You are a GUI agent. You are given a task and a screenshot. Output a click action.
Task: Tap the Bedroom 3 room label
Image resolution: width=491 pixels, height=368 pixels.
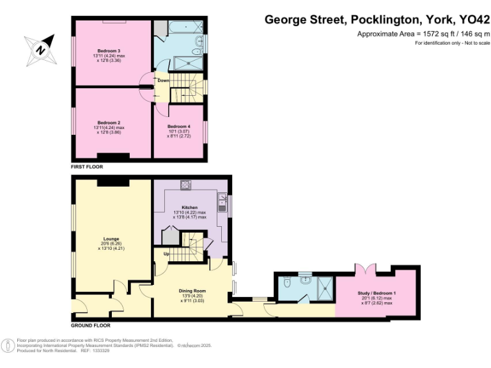[109, 50]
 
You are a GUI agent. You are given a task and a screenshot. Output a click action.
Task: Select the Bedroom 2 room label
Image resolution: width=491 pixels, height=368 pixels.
[109, 123]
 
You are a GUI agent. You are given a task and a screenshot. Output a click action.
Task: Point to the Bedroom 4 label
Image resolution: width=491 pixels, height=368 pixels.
[179, 126]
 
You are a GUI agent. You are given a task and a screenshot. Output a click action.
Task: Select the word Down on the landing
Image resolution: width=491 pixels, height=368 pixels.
[163, 80]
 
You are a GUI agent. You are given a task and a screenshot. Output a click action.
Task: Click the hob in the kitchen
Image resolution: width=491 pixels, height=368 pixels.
[187, 185]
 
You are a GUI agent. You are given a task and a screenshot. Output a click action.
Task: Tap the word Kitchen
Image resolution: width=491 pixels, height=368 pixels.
[190, 208]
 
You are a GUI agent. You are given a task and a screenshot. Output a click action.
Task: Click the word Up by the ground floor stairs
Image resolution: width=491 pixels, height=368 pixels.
[168, 254]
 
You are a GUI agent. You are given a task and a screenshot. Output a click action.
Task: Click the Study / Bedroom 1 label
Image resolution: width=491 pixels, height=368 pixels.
[377, 293]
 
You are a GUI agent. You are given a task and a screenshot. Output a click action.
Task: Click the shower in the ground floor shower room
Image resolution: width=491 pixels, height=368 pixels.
[324, 288]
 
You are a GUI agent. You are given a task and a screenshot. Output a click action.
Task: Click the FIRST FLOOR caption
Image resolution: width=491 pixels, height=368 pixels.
[87, 167]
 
